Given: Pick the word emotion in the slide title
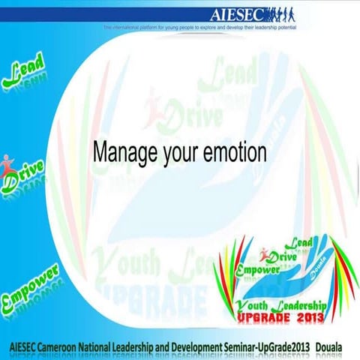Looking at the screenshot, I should [x=235, y=152].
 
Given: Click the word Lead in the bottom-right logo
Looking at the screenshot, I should [x=301, y=244].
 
